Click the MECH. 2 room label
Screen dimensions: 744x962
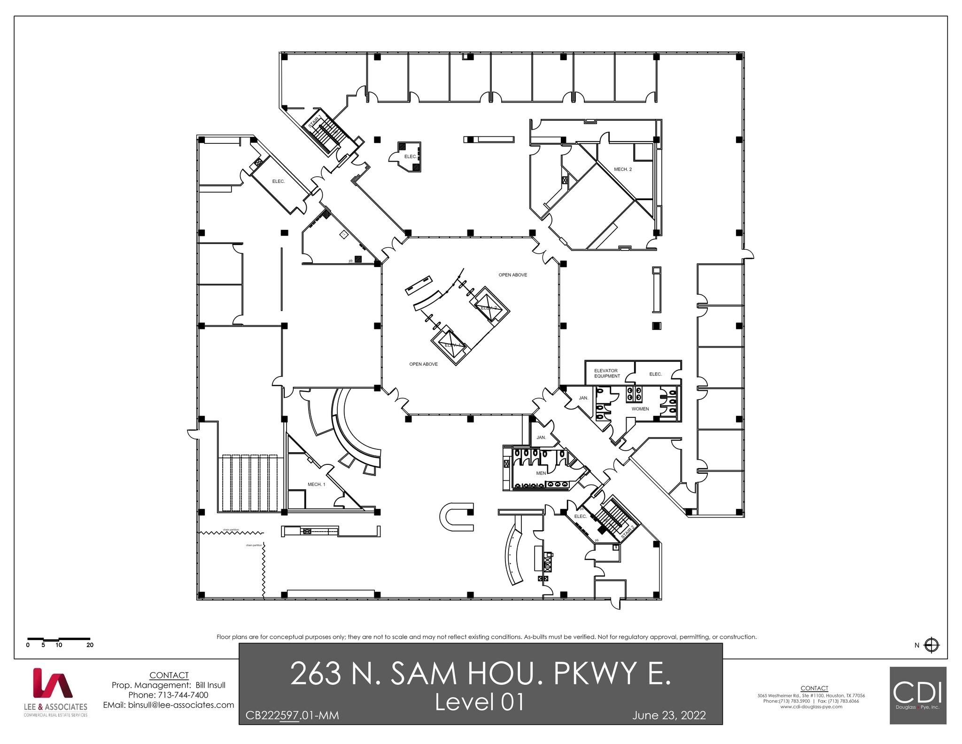[622, 169]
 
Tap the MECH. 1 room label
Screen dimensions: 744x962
[316, 484]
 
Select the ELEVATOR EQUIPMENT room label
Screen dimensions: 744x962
[606, 373]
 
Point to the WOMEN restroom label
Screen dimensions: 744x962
[640, 409]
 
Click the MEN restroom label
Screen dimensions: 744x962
[541, 473]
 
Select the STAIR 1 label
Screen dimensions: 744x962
[315, 121]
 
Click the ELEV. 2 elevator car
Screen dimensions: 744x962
[488, 307]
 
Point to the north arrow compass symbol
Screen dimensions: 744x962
[931, 645]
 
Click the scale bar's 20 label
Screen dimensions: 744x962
[90, 645]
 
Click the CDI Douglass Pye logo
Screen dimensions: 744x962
[917, 695]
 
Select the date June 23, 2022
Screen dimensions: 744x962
[668, 715]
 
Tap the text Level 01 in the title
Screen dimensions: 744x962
[480, 702]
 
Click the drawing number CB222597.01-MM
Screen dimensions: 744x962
[292, 715]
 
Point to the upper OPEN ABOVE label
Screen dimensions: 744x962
[512, 275]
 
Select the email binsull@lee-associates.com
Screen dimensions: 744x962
[168, 705]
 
